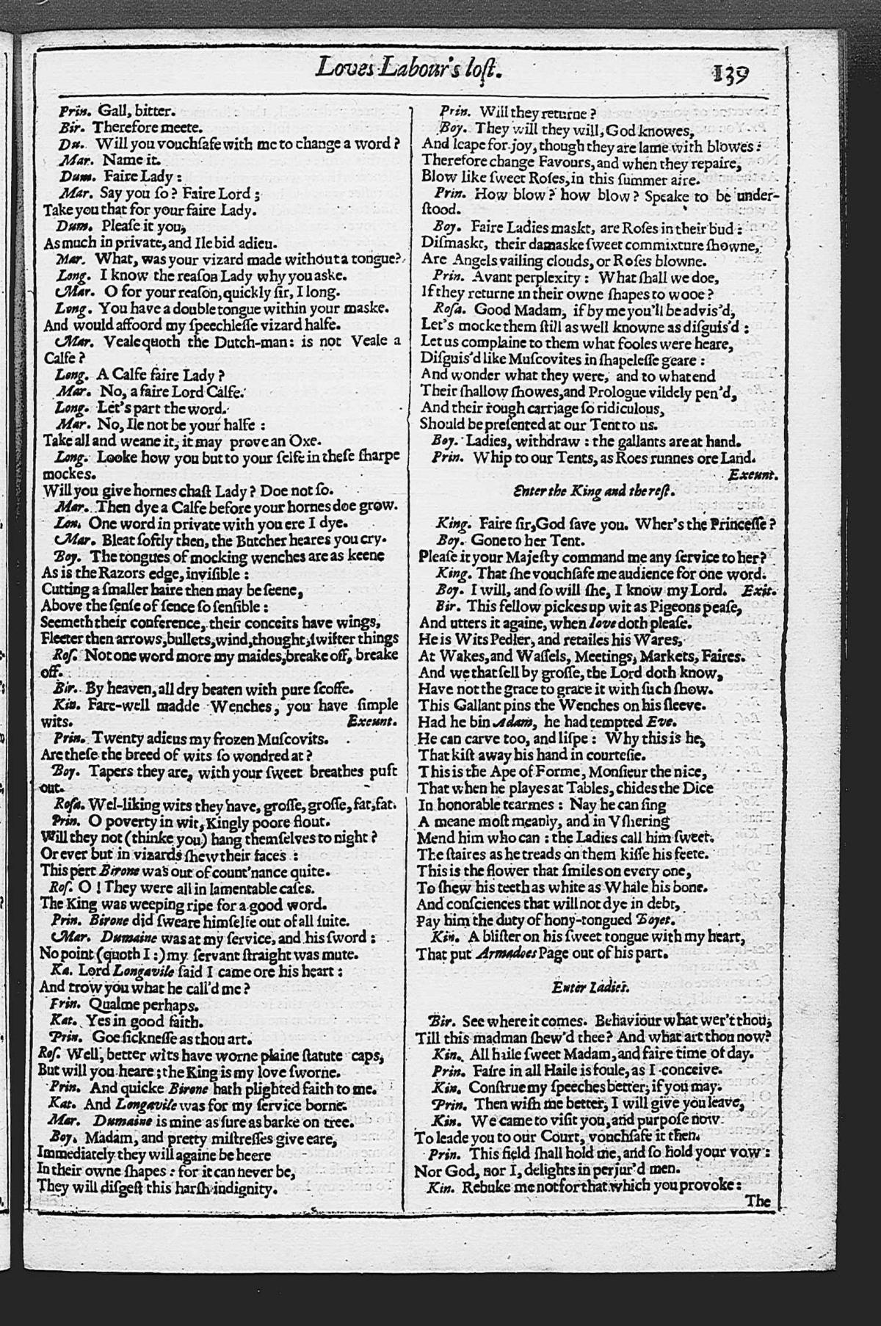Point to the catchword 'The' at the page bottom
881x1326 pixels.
(758, 1202)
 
